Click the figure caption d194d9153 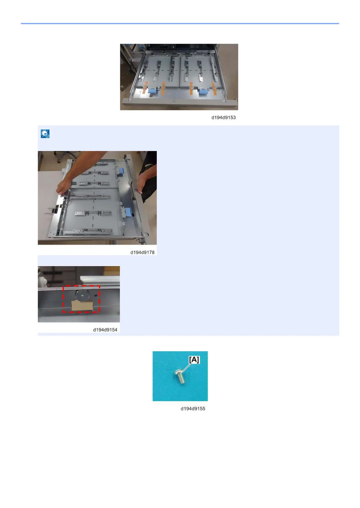pyautogui.click(x=223, y=117)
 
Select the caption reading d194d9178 pyautogui.click(x=142, y=252)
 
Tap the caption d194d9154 pyautogui.click(x=105, y=330)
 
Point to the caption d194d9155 pyautogui.click(x=193, y=409)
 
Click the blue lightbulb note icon pyautogui.click(x=45, y=134)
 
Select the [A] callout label pyautogui.click(x=194, y=360)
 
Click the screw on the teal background pyautogui.click(x=180, y=376)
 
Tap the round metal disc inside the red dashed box pyautogui.click(x=82, y=295)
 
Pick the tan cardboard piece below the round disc pyautogui.click(x=82, y=305)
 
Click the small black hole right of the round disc pyautogui.click(x=96, y=295)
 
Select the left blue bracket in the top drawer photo pyautogui.click(x=153, y=91)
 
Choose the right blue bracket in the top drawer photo pyautogui.click(x=203, y=92)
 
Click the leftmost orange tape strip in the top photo pyautogui.click(x=145, y=88)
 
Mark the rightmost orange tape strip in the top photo pyautogui.click(x=214, y=88)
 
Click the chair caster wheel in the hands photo pyautogui.click(x=59, y=161)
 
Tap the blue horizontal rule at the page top pyautogui.click(x=180, y=24)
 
